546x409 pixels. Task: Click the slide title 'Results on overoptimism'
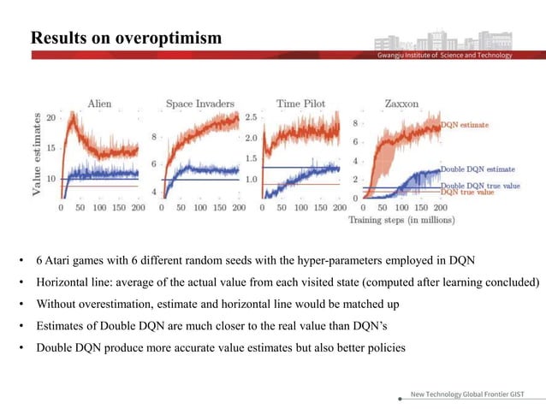pos(126,39)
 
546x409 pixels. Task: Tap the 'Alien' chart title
pos(99,104)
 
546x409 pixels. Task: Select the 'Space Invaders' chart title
pos(199,104)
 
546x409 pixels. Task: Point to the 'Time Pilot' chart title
pos(300,104)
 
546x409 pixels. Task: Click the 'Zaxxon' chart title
pos(401,104)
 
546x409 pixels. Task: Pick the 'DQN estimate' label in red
pos(465,125)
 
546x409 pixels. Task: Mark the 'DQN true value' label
pos(468,193)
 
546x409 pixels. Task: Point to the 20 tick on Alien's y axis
pos(51,117)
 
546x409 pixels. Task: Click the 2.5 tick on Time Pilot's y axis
pos(251,117)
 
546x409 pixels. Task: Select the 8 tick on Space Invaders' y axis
pos(154,137)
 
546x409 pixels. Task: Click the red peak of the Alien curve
pos(75,116)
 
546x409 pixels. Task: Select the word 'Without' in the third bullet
pos(56,304)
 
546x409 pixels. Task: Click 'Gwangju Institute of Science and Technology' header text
pos(445,56)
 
